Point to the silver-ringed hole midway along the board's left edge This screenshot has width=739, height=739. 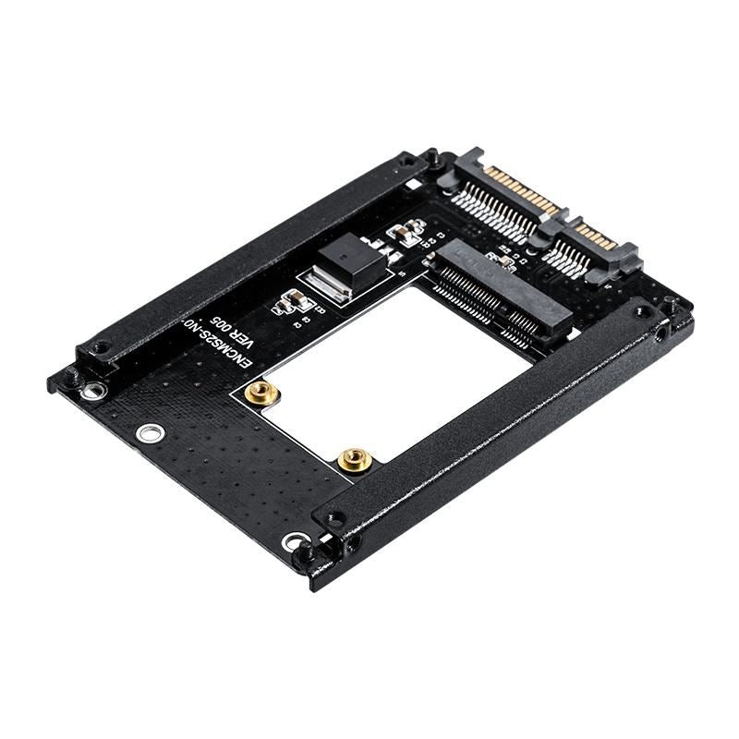(147, 432)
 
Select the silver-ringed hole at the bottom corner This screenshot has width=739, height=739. (294, 542)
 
